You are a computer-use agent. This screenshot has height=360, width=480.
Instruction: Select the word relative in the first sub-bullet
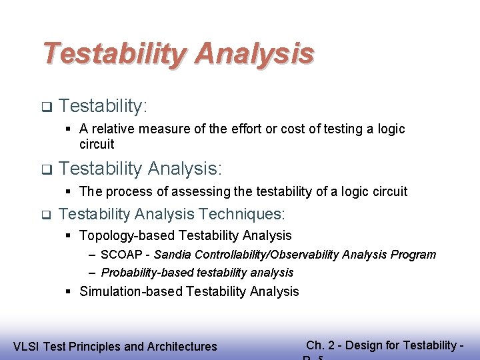(114, 129)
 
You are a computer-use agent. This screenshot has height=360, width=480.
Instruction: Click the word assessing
(197, 192)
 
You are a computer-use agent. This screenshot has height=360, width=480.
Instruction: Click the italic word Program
(416, 255)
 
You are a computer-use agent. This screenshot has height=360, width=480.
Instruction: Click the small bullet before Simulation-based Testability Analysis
(69, 291)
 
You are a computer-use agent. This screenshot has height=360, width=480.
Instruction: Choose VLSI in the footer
(26, 346)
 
